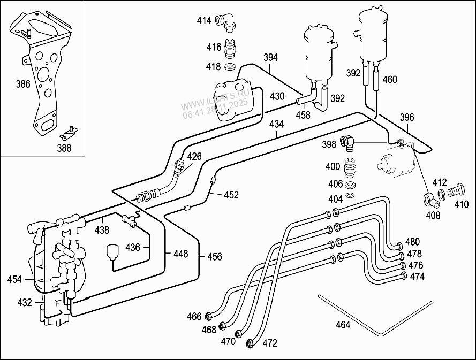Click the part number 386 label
[23, 84]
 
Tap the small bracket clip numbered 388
[69, 133]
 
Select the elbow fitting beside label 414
[225, 22]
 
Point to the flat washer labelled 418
[230, 66]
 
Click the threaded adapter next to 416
[230, 48]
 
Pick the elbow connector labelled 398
[347, 143]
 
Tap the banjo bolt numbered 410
[456, 190]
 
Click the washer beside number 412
[442, 194]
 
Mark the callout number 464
[343, 325]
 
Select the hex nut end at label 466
[208, 316]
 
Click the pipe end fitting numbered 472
[250, 343]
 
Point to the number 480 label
[413, 242]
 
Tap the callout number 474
[417, 277]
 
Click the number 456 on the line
[215, 257]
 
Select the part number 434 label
[277, 124]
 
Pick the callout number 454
[14, 279]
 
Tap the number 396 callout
[407, 117]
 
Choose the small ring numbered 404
[350, 194]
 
